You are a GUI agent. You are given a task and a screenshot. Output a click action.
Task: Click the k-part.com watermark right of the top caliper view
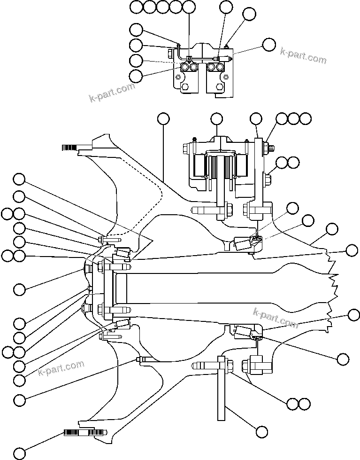(303, 55)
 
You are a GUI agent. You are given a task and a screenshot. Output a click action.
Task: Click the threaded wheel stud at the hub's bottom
(84, 432)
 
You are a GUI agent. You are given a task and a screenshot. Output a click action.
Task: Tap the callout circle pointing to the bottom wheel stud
(19, 453)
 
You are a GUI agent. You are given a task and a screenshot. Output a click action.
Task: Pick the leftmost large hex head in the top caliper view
(184, 68)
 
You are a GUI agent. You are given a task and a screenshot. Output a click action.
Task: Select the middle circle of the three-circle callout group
(293, 118)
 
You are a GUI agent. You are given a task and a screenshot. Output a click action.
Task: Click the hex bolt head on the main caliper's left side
(185, 148)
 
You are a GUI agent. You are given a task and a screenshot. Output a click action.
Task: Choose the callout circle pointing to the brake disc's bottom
(261, 431)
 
